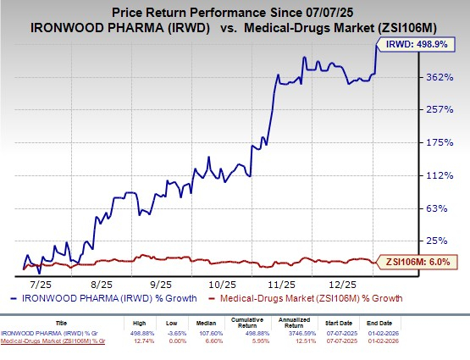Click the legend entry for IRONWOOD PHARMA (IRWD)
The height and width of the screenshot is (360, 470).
pos(106,298)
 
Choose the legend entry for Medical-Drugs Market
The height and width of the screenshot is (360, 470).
pos(311,298)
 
